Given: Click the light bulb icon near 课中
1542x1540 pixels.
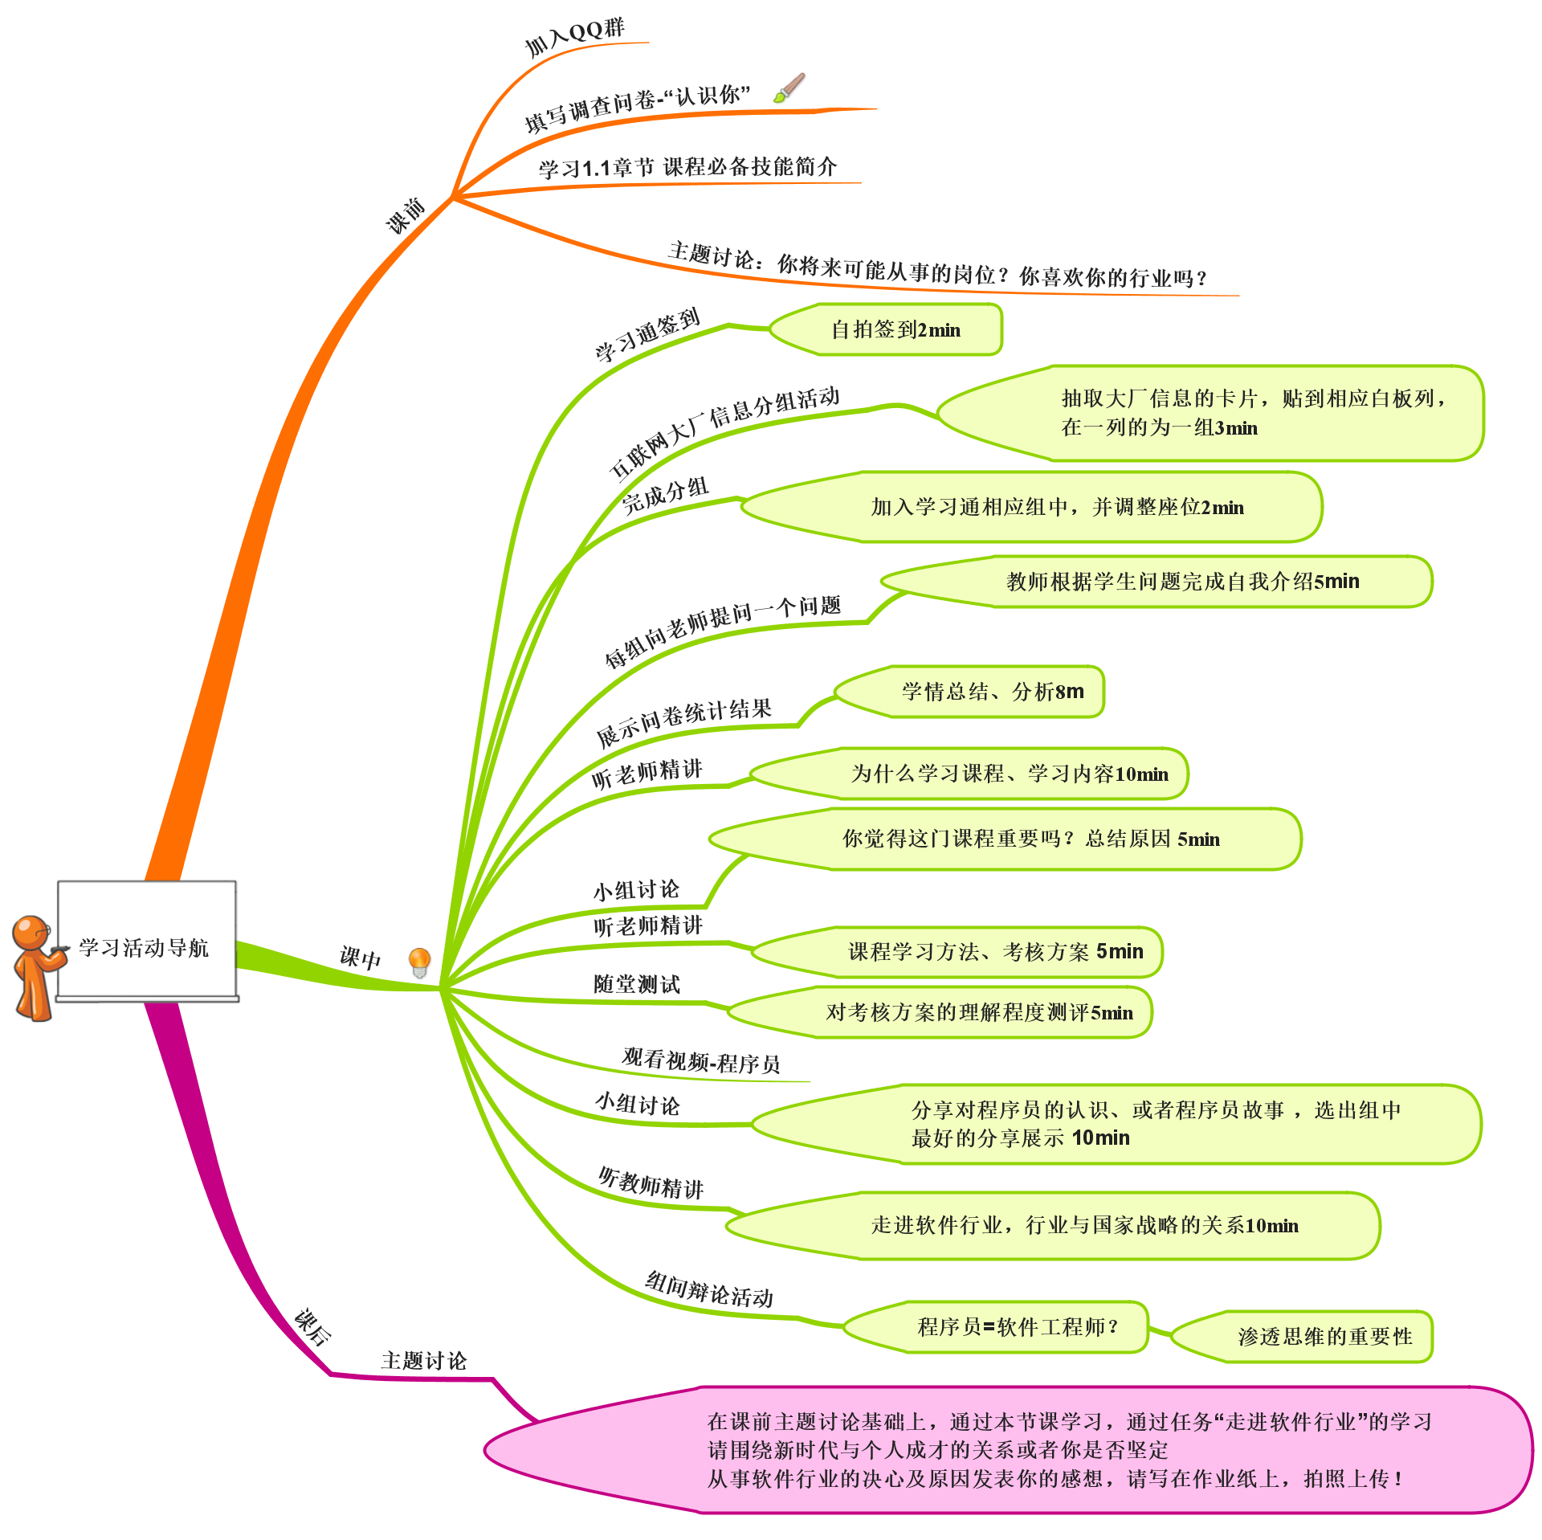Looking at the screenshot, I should pyautogui.click(x=420, y=962).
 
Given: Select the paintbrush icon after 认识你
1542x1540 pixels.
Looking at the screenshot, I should pyautogui.click(x=789, y=89).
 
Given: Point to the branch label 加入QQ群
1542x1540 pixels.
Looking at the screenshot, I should pyautogui.click(x=575, y=35).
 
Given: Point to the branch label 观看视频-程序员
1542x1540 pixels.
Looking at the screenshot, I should pyautogui.click(x=701, y=1061).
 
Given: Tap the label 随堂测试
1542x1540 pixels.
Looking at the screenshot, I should pyautogui.click(x=637, y=984).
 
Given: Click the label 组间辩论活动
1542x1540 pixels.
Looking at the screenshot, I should pyautogui.click(x=709, y=1290).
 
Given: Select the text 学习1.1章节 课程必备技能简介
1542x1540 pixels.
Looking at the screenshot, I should pyautogui.click(x=687, y=167).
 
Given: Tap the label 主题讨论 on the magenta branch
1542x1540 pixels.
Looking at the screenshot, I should pyautogui.click(x=423, y=1360).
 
